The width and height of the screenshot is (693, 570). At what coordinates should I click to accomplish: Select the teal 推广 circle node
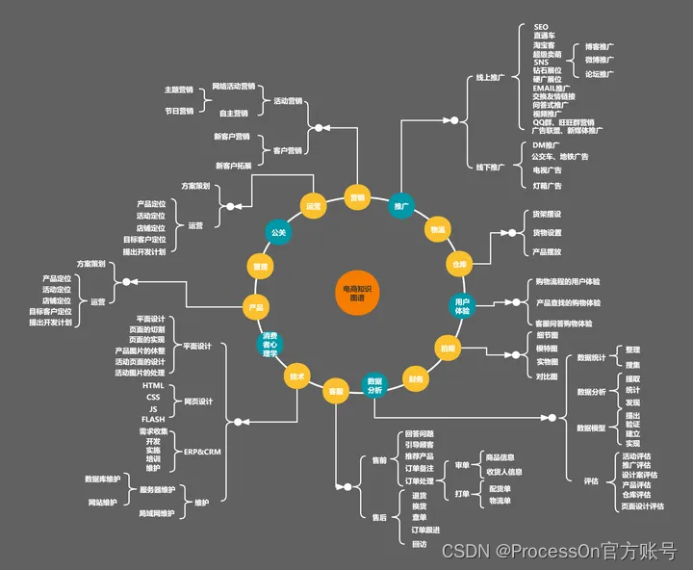(401, 205)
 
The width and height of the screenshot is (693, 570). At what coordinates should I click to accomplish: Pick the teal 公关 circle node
(278, 232)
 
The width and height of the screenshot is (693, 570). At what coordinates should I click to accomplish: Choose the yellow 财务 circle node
(415, 378)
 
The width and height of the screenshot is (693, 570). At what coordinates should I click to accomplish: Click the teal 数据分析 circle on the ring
(374, 385)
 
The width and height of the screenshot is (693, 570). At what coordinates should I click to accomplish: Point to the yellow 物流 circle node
(438, 229)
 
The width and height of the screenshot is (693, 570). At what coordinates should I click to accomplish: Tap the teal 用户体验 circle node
(462, 306)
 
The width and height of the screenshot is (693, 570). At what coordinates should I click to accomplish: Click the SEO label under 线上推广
(540, 27)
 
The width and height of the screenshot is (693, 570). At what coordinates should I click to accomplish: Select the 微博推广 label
(600, 60)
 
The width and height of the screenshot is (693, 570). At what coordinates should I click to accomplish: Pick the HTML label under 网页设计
(152, 385)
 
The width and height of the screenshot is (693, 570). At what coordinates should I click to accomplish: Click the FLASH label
(152, 419)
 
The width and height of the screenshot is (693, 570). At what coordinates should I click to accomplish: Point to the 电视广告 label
(548, 170)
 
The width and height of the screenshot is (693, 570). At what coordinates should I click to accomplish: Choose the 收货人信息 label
(504, 472)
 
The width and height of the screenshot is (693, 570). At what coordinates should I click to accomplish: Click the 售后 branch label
(379, 517)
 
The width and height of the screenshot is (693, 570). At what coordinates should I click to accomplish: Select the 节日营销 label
(179, 111)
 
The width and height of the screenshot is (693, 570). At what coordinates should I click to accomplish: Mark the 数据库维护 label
(102, 479)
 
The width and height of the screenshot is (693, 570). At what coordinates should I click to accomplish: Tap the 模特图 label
(547, 348)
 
